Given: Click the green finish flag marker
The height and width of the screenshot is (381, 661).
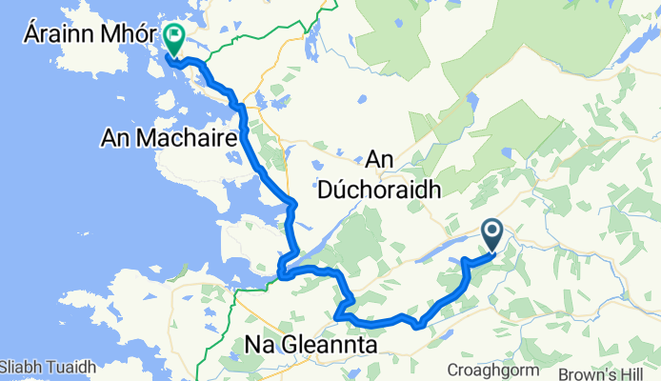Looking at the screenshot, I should (175, 38).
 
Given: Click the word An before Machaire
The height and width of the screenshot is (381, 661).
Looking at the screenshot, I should (115, 140).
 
